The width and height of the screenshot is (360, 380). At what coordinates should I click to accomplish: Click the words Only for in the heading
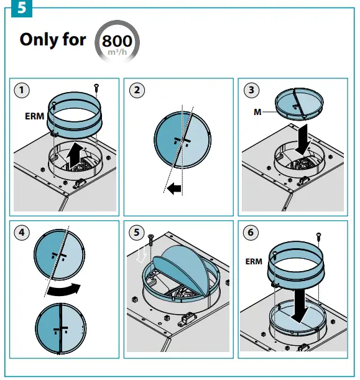tap(53, 39)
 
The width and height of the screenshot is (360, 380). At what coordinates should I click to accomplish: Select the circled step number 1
tap(22, 90)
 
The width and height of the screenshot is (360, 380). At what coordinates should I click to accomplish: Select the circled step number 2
tap(137, 90)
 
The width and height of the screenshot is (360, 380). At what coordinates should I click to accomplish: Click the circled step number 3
tap(251, 90)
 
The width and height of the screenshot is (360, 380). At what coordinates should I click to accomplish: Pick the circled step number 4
tap(22, 233)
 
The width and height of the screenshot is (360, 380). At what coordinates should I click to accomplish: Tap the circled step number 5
tap(137, 233)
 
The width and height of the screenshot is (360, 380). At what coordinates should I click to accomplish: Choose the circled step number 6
tap(251, 233)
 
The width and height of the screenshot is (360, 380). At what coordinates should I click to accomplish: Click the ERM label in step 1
tap(34, 116)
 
